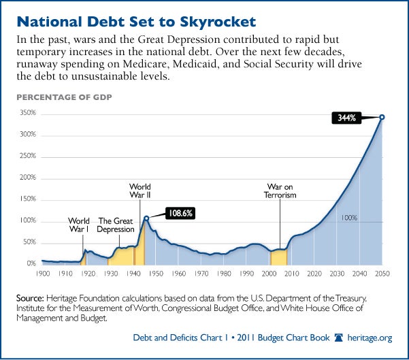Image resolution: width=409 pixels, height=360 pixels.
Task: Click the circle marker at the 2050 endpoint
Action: pyautogui.click(x=382, y=117)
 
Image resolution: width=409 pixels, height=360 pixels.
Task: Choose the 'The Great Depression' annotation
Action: pyautogui.click(x=116, y=225)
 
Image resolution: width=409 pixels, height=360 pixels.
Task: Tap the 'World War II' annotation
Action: pyautogui.click(x=140, y=191)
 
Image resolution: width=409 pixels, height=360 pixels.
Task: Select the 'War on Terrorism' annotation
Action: pyautogui.click(x=280, y=190)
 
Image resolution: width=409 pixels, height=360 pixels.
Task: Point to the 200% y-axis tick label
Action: pyautogui.click(x=27, y=178)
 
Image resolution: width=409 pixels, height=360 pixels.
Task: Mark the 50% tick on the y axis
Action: pyautogui.click(x=28, y=242)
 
